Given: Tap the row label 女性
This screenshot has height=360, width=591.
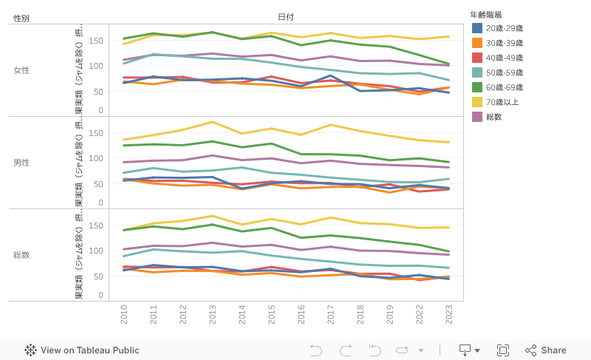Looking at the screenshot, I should click(21, 70).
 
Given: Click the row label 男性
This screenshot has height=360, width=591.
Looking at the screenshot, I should click(21, 163).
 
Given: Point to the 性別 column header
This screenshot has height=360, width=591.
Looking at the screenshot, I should click(21, 18).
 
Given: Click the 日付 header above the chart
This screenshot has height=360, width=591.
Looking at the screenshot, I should click(289, 17).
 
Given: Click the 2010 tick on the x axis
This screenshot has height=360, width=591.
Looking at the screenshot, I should click(123, 315).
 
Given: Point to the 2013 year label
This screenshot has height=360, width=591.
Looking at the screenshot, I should click(213, 315).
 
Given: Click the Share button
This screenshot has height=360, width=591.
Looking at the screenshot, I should click(546, 350).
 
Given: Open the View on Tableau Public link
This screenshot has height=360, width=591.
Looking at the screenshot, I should click(82, 350).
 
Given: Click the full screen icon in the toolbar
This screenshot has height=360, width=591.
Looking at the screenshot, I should click(503, 350).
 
